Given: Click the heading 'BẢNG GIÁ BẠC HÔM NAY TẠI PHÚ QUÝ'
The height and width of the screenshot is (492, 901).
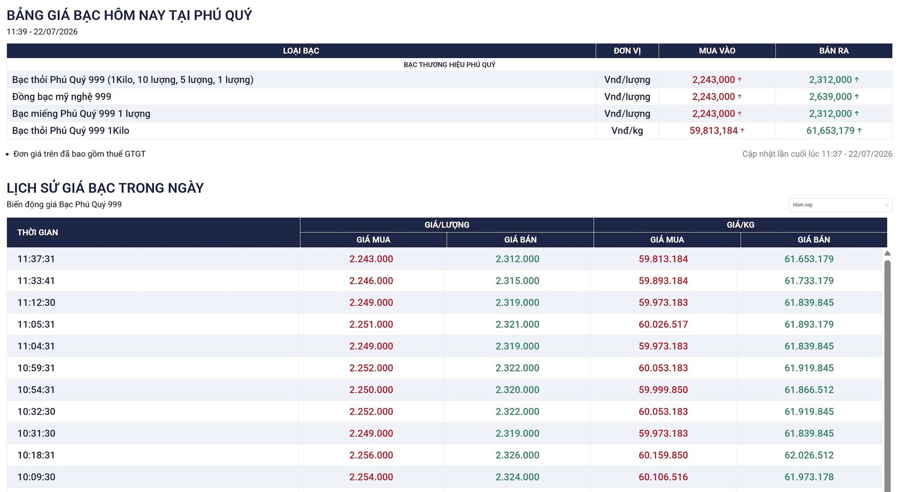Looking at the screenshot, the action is click(129, 15).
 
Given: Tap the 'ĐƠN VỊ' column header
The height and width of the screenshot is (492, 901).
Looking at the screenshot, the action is click(627, 51).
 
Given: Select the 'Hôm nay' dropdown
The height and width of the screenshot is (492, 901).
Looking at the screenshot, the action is click(841, 205).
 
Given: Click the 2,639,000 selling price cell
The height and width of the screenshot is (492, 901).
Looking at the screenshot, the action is click(830, 97).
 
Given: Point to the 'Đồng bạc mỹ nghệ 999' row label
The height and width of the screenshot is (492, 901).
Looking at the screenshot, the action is click(62, 97).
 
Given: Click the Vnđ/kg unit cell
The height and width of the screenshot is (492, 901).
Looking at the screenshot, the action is click(627, 131).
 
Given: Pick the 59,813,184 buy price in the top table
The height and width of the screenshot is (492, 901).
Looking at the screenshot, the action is click(714, 131).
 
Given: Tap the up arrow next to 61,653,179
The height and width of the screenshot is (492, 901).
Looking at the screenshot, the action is click(860, 131).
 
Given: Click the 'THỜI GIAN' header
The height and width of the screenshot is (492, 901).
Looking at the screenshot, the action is click(37, 233).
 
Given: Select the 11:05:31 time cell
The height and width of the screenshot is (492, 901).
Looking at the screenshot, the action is click(36, 324).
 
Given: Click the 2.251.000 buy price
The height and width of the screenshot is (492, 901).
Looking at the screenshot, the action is click(371, 324).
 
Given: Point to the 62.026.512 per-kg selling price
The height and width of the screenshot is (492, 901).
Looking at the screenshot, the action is click(809, 455).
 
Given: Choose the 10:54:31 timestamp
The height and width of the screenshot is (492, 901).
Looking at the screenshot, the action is click(36, 390).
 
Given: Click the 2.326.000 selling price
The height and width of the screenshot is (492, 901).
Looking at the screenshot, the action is click(517, 455).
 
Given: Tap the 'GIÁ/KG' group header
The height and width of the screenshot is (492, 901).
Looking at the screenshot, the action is click(740, 225).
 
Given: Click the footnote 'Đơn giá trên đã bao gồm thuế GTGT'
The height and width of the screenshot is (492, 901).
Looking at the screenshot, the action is click(79, 154).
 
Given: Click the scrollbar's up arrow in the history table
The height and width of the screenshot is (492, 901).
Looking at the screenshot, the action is click(887, 253).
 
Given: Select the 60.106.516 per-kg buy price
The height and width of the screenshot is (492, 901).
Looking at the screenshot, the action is click(663, 477).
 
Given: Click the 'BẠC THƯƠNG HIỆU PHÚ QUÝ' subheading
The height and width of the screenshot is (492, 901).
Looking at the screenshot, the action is click(450, 64).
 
